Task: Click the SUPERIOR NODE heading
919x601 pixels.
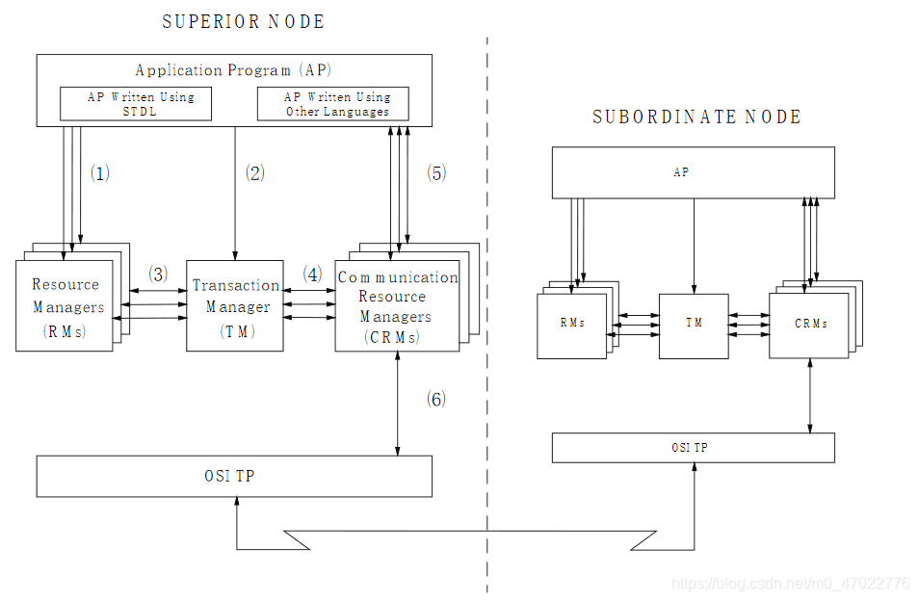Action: tap(243, 21)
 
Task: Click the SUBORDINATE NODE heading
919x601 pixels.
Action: tap(696, 117)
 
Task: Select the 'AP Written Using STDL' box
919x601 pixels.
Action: tap(136, 103)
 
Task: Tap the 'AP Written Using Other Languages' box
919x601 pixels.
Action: tap(333, 103)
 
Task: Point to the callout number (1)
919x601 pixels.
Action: tap(100, 173)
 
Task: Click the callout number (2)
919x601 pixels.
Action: tap(254, 173)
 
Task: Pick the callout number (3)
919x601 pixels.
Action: tap(158, 274)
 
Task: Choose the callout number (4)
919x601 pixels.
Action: tap(312, 274)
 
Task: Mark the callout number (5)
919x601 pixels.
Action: tap(436, 173)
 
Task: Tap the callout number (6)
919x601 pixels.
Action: tap(436, 399)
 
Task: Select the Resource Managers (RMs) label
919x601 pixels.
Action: tap(66, 307)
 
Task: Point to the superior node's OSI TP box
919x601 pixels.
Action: tap(234, 476)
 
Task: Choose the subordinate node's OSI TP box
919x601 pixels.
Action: tap(693, 448)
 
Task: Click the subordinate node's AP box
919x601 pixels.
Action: tap(693, 173)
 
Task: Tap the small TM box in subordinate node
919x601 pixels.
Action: tap(694, 324)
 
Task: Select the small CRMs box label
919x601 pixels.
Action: tap(811, 324)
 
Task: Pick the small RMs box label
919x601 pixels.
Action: tap(572, 323)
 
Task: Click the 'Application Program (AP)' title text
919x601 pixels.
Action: tap(234, 69)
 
